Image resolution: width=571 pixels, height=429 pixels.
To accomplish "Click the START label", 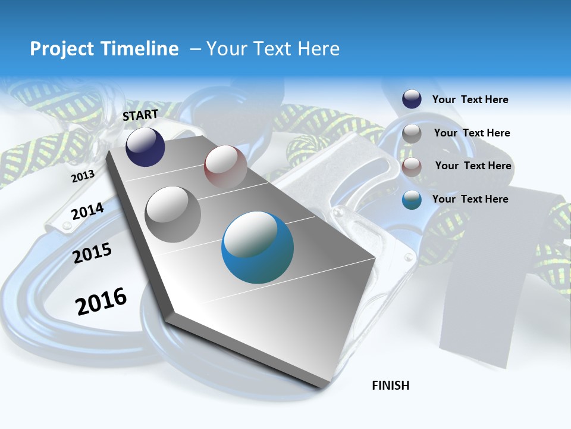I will click(x=140, y=115).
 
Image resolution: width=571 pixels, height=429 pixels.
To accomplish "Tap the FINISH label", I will click(x=391, y=386).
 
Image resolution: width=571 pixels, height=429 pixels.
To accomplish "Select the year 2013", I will click(x=83, y=176).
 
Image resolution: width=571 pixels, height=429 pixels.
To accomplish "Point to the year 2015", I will click(x=92, y=253).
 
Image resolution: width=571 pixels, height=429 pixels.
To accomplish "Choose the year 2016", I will click(x=101, y=301).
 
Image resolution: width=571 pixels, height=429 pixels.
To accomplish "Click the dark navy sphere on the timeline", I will click(x=145, y=147).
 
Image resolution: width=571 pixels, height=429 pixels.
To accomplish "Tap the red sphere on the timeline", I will click(x=225, y=167).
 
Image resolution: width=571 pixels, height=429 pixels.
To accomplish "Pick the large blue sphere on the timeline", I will click(x=257, y=247).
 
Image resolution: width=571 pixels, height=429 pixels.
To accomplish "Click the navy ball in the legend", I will click(x=412, y=100).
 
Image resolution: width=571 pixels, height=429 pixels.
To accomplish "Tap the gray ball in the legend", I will click(x=412, y=133).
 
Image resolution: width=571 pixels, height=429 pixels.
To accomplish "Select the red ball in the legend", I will click(x=412, y=166).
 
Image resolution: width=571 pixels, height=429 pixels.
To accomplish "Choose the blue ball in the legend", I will click(x=412, y=200).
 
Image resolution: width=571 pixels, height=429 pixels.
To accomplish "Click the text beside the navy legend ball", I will click(x=470, y=100).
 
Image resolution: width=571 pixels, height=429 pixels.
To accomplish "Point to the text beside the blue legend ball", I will click(x=470, y=199).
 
